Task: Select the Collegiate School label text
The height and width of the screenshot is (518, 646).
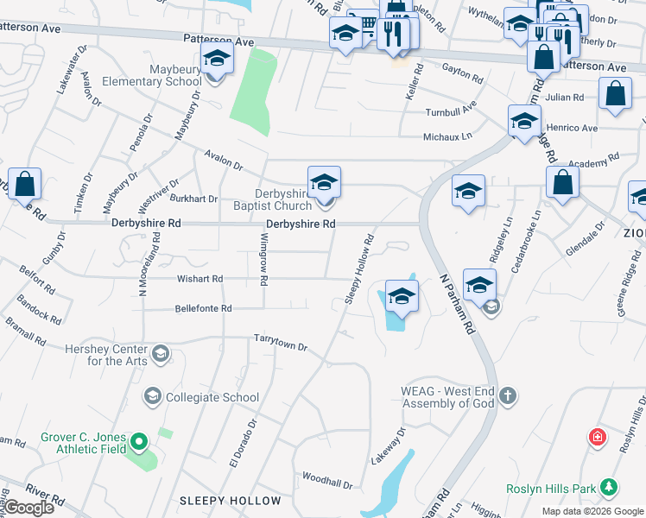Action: (212, 397)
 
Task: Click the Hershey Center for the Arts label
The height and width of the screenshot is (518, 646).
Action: (106, 355)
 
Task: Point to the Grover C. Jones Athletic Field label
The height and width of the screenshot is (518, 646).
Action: (83, 442)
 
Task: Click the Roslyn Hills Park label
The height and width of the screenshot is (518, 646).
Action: (553, 489)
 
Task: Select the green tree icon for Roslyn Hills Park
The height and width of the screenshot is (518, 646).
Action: (609, 488)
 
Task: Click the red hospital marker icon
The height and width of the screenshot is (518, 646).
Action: (597, 437)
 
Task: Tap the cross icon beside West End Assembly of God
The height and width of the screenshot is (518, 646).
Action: (509, 396)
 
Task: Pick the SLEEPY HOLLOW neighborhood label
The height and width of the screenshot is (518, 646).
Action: (230, 501)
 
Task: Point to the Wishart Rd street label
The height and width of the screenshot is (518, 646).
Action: (199, 279)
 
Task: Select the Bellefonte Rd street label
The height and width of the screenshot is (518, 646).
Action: (203, 308)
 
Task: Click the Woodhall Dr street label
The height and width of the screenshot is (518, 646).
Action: (326, 480)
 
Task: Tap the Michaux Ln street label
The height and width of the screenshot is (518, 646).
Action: (447, 136)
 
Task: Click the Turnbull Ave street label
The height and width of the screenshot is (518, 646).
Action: (450, 112)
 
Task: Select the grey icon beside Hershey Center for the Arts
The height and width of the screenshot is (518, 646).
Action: (160, 354)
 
